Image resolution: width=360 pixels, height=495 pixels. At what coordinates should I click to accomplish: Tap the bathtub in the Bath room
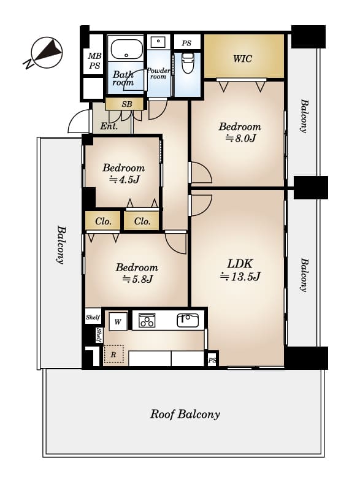(x=127, y=49)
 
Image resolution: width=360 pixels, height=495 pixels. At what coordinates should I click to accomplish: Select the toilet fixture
(x=188, y=63)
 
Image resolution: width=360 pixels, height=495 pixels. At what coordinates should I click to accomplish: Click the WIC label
(x=242, y=59)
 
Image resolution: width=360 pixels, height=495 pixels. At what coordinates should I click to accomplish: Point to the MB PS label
(x=94, y=61)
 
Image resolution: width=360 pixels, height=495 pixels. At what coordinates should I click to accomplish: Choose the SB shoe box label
(x=127, y=104)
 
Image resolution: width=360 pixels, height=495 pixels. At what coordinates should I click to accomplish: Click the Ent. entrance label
(x=109, y=126)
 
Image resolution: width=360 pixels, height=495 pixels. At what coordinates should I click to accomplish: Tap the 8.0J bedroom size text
(x=240, y=138)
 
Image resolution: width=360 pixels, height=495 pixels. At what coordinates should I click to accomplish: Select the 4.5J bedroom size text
(x=124, y=180)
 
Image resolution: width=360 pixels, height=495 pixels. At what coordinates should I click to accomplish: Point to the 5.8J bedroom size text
(x=137, y=279)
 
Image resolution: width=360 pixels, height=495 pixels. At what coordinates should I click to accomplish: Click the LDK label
(x=240, y=264)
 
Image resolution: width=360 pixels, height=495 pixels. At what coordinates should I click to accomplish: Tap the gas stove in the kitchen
(x=147, y=320)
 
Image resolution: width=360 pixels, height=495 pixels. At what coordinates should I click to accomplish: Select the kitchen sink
(x=188, y=320)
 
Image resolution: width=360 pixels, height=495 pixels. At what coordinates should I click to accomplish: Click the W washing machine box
(x=118, y=321)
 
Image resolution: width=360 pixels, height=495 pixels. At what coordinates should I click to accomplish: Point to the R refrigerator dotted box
(x=113, y=354)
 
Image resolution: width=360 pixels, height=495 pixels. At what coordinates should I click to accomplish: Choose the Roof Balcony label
(x=185, y=414)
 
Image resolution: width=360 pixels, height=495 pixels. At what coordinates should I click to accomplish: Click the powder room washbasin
(x=158, y=42)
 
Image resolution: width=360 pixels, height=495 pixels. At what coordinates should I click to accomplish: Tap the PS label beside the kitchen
(x=212, y=360)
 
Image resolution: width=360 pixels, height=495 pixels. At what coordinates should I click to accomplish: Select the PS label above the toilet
(x=187, y=43)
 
